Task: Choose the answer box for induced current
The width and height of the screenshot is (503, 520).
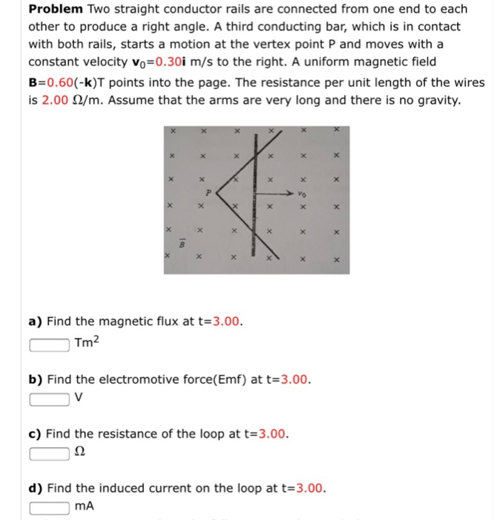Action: [x=51, y=507]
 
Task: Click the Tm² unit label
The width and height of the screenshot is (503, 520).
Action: [x=87, y=342]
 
